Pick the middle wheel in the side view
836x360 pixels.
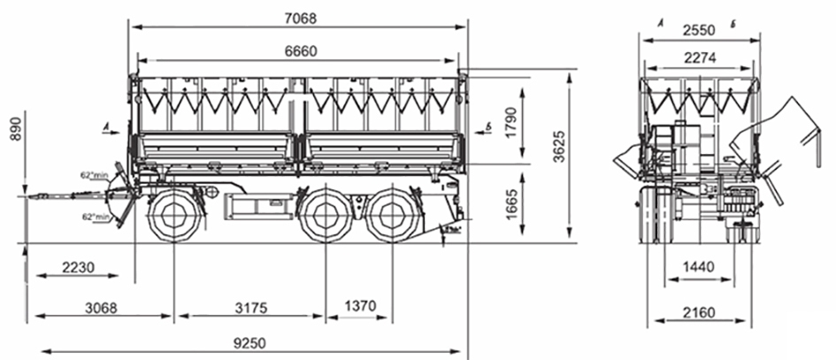click(x=326, y=217)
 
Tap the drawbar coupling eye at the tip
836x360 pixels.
click(x=33, y=196)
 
